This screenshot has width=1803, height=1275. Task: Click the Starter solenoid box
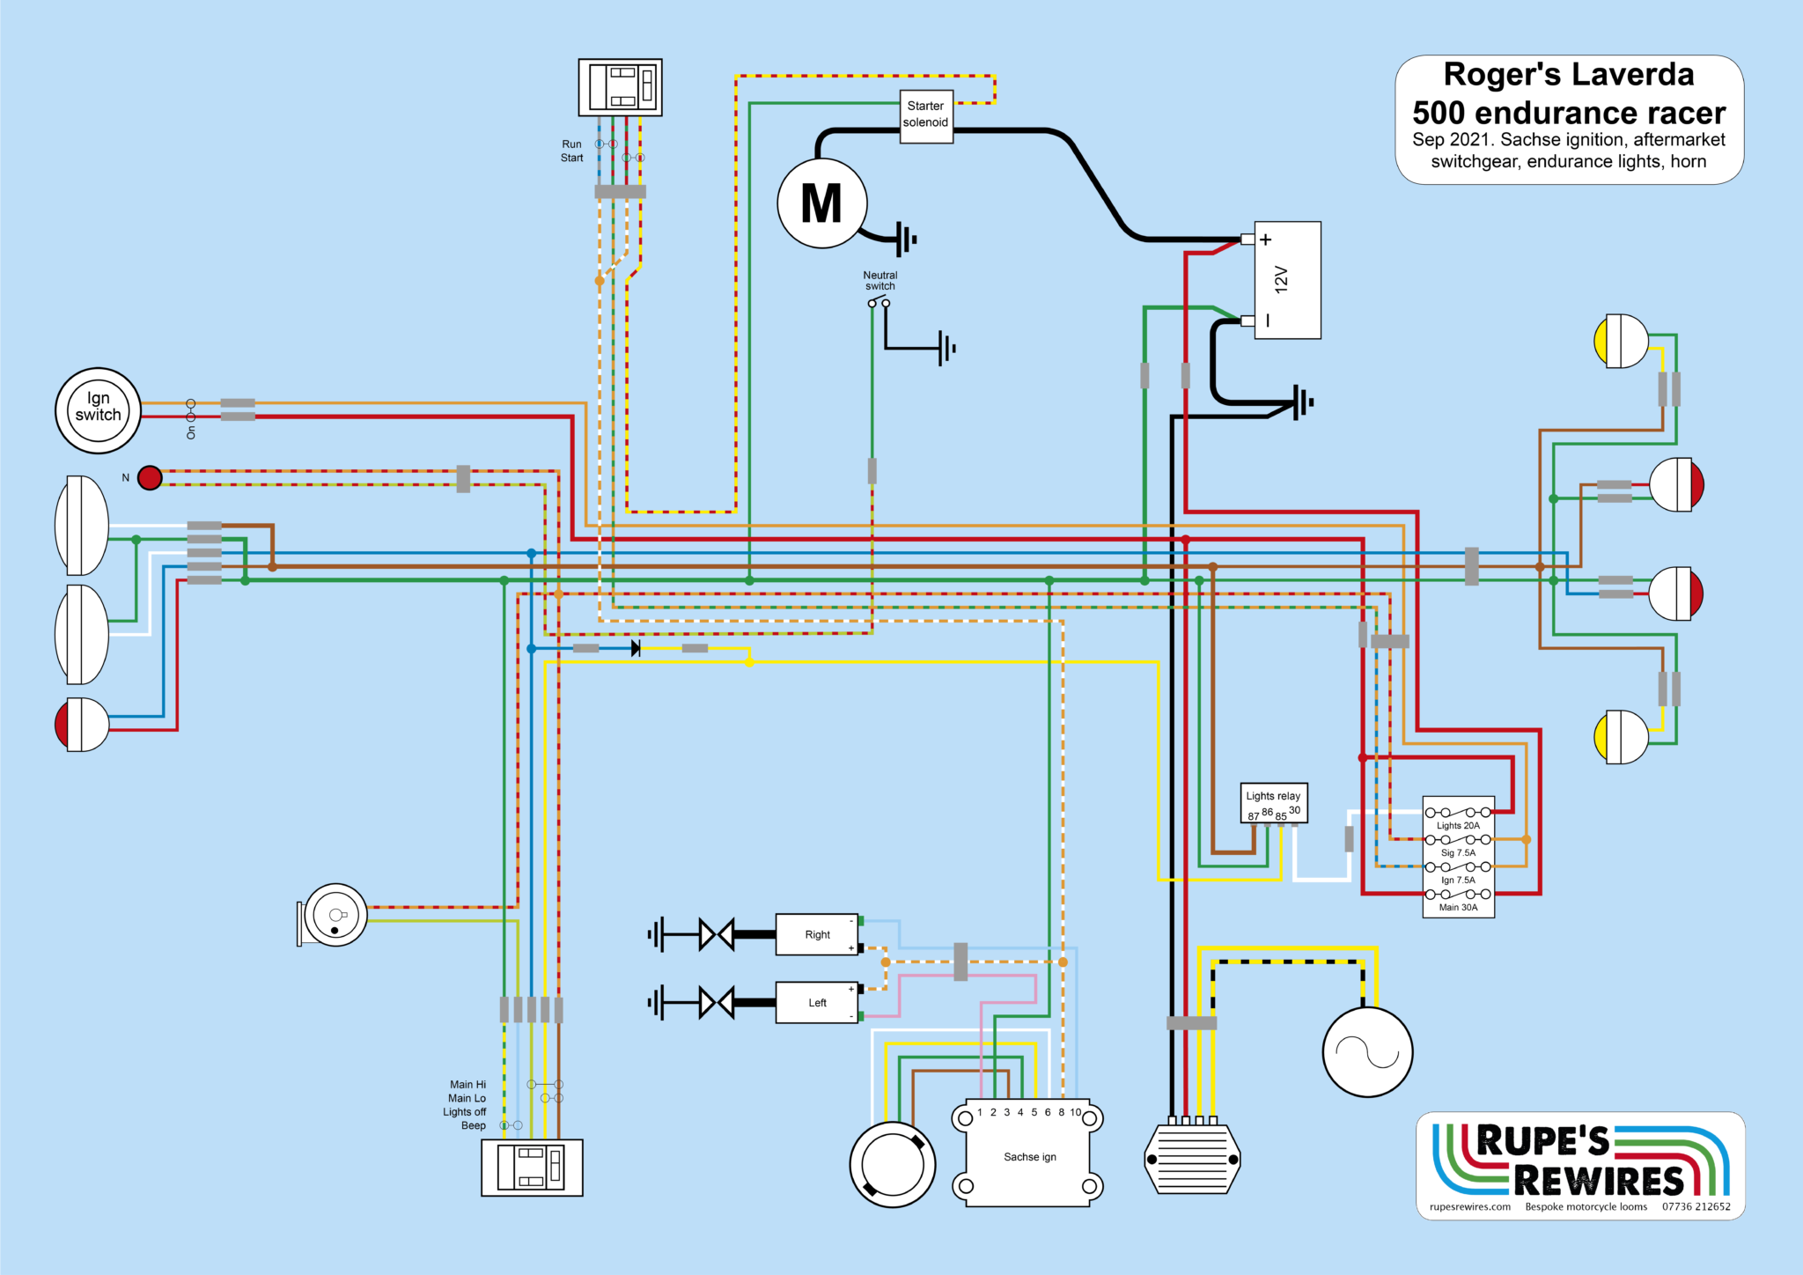pyautogui.click(x=925, y=115)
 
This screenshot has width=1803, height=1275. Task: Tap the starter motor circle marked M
pyautogui.click(x=821, y=203)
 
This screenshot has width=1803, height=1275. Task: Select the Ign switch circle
pyautogui.click(x=98, y=410)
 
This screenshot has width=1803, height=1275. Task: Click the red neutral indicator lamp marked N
pyautogui.click(x=151, y=477)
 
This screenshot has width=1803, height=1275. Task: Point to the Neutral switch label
pyautogui.click(x=879, y=280)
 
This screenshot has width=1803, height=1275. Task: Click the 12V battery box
pyautogui.click(x=1286, y=280)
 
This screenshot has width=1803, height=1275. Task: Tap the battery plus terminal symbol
pyautogui.click(x=1265, y=240)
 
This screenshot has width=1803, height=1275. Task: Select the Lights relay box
pyautogui.click(x=1273, y=802)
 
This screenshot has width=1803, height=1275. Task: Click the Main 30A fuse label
pyautogui.click(x=1458, y=907)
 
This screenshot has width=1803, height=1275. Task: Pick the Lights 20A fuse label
pyautogui.click(x=1458, y=825)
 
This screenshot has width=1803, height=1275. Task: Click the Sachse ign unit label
pyautogui.click(x=1029, y=1157)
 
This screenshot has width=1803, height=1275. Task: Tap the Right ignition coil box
pyautogui.click(x=817, y=934)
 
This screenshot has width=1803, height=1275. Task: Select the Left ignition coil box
pyautogui.click(x=817, y=1002)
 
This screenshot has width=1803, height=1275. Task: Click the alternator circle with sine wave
pyautogui.click(x=1367, y=1051)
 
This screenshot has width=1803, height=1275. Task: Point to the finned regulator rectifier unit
pyautogui.click(x=1192, y=1159)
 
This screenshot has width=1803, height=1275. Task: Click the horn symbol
pyautogui.click(x=334, y=915)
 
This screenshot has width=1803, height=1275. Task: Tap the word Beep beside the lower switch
pyautogui.click(x=473, y=1125)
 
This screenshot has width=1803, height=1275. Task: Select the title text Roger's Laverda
pyautogui.click(x=1568, y=75)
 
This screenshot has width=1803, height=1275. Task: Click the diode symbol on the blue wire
pyautogui.click(x=636, y=648)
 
